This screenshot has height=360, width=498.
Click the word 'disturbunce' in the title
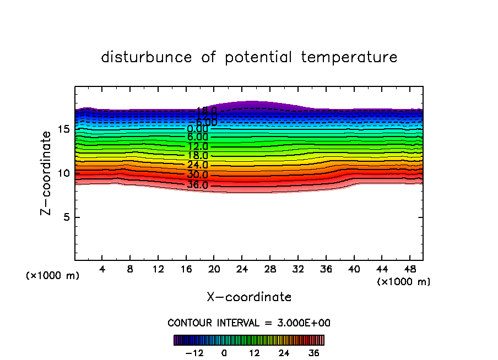tap(147, 57)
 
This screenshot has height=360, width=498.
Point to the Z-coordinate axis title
tap(49, 173)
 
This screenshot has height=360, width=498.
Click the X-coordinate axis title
tap(249, 297)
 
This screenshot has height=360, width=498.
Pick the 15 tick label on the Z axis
tap(63, 129)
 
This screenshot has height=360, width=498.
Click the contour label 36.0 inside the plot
tap(197, 185)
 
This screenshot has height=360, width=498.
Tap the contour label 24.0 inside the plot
tap(197, 165)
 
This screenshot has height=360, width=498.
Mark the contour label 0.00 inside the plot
tap(197, 129)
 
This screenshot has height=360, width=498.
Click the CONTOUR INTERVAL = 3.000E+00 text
tap(249, 323)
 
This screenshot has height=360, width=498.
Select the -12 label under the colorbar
tap(194, 353)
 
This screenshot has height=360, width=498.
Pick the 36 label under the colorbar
tap(313, 353)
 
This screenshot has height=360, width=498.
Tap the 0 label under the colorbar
tap(224, 353)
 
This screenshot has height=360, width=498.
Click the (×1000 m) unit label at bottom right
tap(404, 282)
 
